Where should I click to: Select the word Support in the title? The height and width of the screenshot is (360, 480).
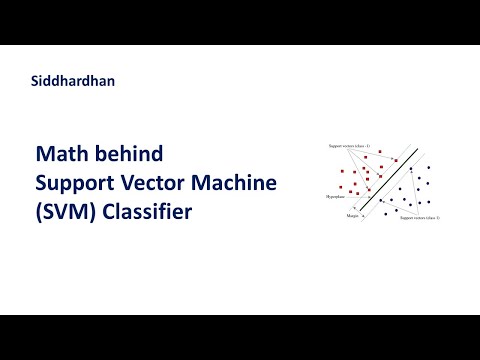coord(77,184)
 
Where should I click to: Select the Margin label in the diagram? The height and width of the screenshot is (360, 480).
coord(352,216)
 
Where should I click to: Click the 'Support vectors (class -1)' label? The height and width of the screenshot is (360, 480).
coord(349,146)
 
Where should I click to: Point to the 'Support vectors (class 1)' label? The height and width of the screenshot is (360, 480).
coord(420,217)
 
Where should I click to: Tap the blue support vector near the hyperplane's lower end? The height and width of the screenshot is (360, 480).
coord(381,201)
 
